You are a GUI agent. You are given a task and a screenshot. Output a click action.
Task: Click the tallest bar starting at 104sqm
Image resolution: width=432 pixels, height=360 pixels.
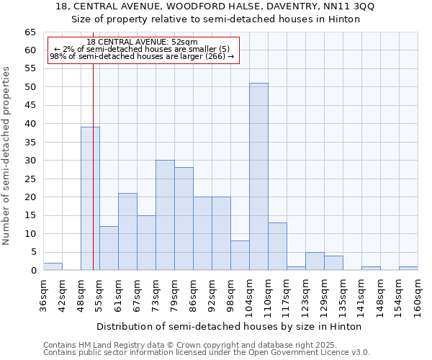click(258, 176)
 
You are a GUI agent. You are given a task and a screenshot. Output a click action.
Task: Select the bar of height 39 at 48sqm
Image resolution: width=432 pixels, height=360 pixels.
click(90, 198)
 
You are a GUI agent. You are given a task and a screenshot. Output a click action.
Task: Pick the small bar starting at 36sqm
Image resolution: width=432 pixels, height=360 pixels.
click(53, 266)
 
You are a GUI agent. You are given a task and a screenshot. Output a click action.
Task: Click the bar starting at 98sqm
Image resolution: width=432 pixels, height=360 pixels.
click(240, 256)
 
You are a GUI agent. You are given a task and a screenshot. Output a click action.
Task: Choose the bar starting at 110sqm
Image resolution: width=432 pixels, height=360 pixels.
click(277, 246)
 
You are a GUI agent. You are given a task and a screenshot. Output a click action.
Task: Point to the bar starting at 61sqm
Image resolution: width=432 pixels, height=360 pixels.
click(127, 231)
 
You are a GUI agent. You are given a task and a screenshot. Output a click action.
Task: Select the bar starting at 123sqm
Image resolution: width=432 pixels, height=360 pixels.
click(315, 261)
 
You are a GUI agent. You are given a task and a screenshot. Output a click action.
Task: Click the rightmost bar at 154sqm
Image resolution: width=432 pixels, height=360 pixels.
click(408, 269)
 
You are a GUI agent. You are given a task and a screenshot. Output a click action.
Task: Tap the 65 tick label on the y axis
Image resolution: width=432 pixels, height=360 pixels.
click(30, 32)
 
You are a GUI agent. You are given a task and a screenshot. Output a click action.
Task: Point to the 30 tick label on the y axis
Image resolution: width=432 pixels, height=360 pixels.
click(30, 161)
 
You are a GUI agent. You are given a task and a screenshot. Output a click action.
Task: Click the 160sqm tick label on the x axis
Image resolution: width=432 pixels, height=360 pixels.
click(418, 295)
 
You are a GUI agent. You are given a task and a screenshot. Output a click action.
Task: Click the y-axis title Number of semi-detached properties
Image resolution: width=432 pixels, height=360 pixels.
click(6, 155)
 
